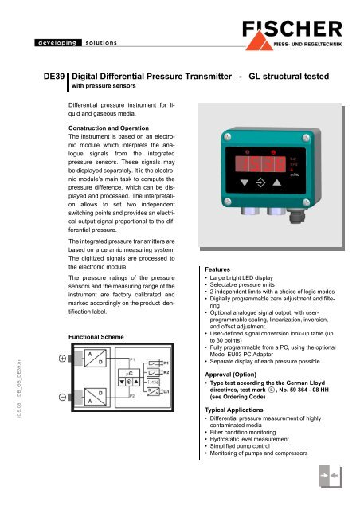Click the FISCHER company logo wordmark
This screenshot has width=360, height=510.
point(299,24)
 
